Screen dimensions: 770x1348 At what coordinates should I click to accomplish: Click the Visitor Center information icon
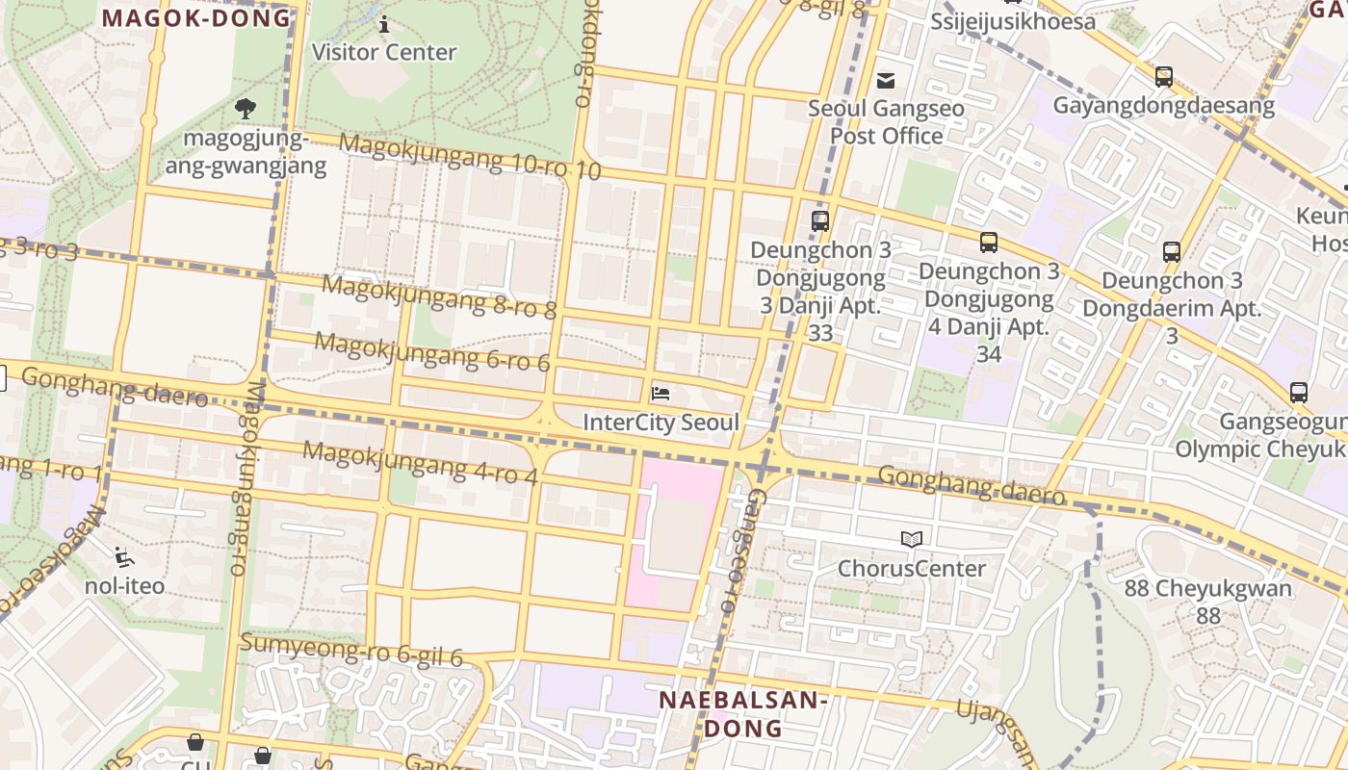pyautogui.click(x=384, y=24)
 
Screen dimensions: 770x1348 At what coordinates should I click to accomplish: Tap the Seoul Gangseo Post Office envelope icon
pyautogui.click(x=886, y=80)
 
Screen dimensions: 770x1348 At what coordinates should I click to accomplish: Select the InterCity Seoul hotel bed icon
pyautogui.click(x=661, y=393)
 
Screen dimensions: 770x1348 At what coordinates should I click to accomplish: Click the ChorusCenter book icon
pyautogui.click(x=911, y=540)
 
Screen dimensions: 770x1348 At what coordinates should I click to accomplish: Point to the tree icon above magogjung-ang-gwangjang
pyautogui.click(x=246, y=109)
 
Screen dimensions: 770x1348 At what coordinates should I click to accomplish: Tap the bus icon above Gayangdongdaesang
pyautogui.click(x=1164, y=77)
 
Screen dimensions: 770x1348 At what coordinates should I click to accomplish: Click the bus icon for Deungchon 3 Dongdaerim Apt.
pyautogui.click(x=1172, y=252)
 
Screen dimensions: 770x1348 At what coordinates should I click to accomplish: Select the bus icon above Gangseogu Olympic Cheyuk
pyautogui.click(x=1299, y=393)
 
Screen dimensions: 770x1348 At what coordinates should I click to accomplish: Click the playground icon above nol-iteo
pyautogui.click(x=123, y=556)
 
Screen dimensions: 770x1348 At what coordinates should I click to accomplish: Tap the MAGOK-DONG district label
pyautogui.click(x=196, y=17)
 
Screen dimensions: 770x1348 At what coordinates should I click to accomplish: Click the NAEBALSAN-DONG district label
pyautogui.click(x=742, y=713)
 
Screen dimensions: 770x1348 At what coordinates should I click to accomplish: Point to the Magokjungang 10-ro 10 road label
pyautogui.click(x=470, y=157)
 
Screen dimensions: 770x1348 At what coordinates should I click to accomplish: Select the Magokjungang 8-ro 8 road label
pyautogui.click(x=439, y=296)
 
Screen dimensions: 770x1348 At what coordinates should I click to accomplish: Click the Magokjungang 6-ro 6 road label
pyautogui.click(x=431, y=351)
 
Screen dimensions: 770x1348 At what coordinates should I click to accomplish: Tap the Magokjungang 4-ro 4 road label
pyautogui.click(x=420, y=463)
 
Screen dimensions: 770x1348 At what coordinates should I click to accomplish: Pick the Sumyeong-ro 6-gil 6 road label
pyautogui.click(x=351, y=650)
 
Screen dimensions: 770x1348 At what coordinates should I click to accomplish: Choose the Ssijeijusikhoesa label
pyautogui.click(x=1013, y=21)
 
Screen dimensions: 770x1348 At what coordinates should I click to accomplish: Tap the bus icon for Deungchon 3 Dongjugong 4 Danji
pyautogui.click(x=989, y=243)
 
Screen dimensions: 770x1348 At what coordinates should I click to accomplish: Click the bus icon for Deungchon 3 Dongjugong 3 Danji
pyautogui.click(x=820, y=221)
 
